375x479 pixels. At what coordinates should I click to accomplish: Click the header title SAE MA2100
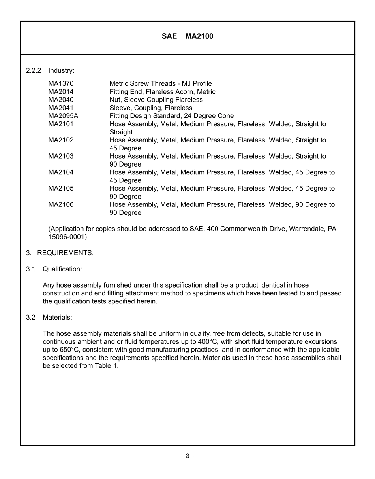tap(187, 36)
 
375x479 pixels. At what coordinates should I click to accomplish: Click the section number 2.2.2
tap(34, 71)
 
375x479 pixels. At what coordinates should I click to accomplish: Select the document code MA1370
tap(61, 83)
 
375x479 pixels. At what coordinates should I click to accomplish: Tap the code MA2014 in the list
tap(61, 92)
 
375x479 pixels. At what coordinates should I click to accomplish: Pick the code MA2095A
tap(63, 116)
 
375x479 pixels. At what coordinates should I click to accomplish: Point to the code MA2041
tap(61, 108)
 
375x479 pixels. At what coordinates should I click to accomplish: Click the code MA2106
tap(61, 204)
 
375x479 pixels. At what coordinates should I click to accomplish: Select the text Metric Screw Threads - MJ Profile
tap(160, 83)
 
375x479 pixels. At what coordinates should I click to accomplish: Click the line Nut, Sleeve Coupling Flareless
tap(156, 100)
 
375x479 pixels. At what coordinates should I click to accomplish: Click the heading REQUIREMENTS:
tap(65, 253)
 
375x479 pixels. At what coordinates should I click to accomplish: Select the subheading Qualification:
tap(62, 269)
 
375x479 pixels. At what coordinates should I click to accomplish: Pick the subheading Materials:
tap(57, 317)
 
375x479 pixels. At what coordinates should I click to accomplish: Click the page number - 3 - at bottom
tap(187, 456)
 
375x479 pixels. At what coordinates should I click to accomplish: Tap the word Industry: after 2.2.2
tap(61, 71)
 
